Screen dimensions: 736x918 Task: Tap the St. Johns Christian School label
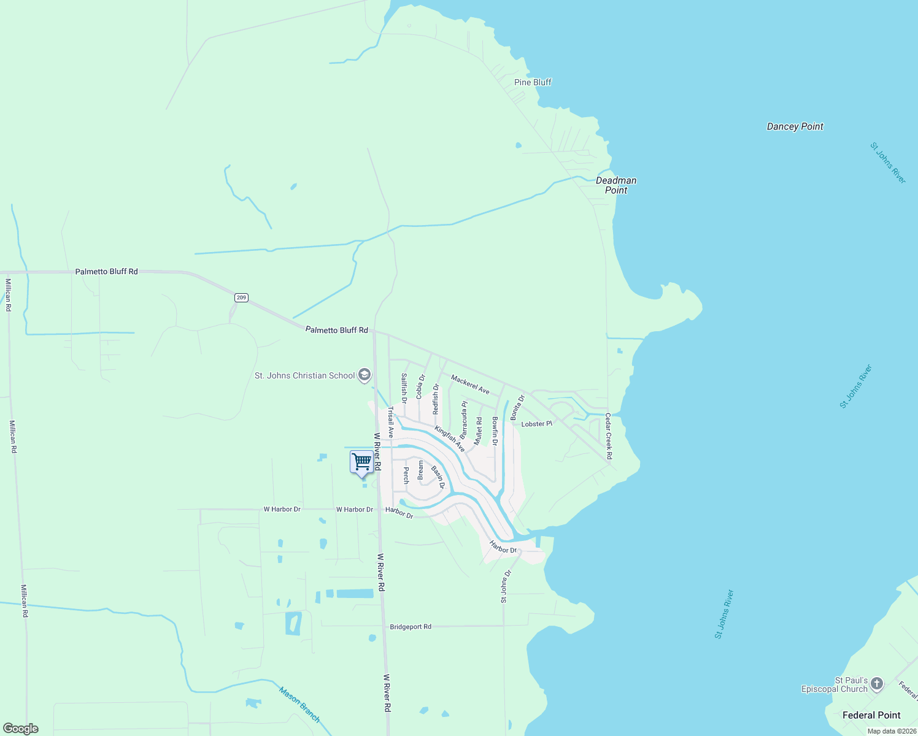click(304, 375)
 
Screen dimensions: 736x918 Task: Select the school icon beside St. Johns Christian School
click(364, 375)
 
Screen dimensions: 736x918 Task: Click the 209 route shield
click(241, 297)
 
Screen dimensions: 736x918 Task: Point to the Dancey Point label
click(795, 126)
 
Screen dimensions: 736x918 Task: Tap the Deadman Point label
click(616, 185)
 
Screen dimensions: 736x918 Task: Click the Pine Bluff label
click(533, 82)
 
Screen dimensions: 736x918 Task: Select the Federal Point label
click(871, 715)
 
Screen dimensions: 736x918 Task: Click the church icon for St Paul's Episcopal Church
click(877, 683)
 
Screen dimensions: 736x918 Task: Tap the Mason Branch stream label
click(299, 704)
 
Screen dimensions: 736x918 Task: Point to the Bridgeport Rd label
click(411, 627)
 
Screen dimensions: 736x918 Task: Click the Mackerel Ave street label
click(470, 385)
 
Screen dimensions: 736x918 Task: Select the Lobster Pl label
click(537, 424)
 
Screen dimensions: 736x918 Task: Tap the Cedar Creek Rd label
click(609, 436)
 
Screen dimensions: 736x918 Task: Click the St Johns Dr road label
click(506, 586)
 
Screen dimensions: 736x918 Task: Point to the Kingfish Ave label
click(450, 439)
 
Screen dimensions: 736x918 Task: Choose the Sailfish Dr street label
click(404, 388)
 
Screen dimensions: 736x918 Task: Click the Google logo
click(20, 729)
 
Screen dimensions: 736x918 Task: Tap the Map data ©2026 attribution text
click(891, 731)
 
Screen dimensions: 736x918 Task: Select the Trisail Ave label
click(390, 423)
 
